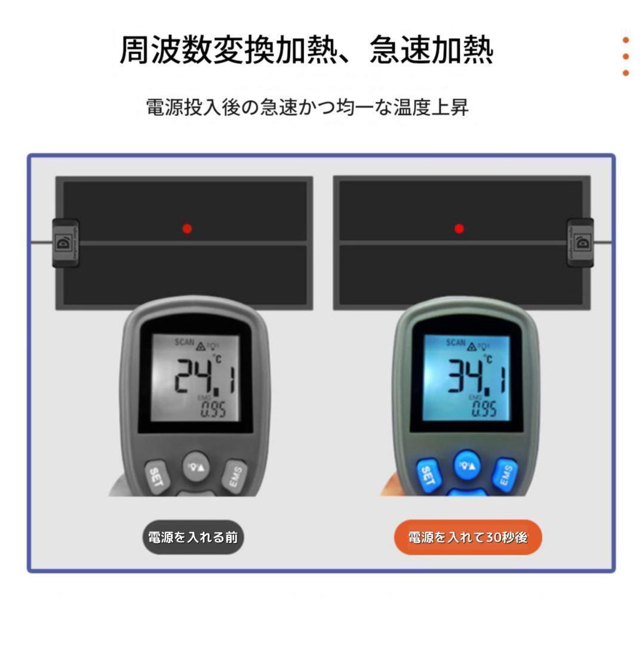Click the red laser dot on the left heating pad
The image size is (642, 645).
[x=187, y=228]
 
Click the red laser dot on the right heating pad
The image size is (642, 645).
[x=459, y=228]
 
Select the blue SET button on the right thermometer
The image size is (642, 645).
[x=427, y=476]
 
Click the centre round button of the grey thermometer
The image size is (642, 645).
[x=196, y=464]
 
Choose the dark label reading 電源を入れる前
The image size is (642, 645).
[x=193, y=537]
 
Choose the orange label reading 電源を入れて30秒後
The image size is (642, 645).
[x=468, y=537]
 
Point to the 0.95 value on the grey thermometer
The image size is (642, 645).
[x=213, y=410]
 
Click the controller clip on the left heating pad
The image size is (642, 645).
[x=64, y=242]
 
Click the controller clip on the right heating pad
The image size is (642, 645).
[x=580, y=242]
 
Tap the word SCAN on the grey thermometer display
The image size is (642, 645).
[x=184, y=342]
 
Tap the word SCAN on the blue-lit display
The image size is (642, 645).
[x=456, y=343]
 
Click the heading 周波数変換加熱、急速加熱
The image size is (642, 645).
[x=306, y=50]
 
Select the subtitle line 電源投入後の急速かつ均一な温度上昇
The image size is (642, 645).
[x=307, y=107]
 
